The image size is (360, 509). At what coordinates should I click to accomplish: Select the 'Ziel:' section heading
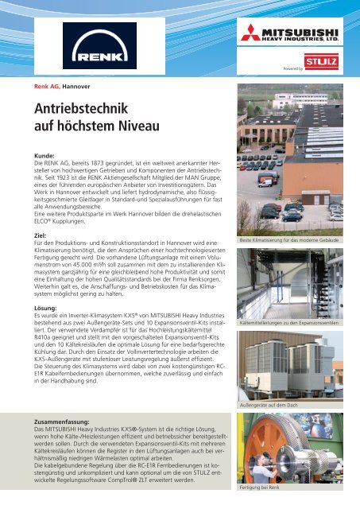40,235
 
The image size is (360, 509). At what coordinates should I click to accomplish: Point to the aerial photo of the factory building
292,159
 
